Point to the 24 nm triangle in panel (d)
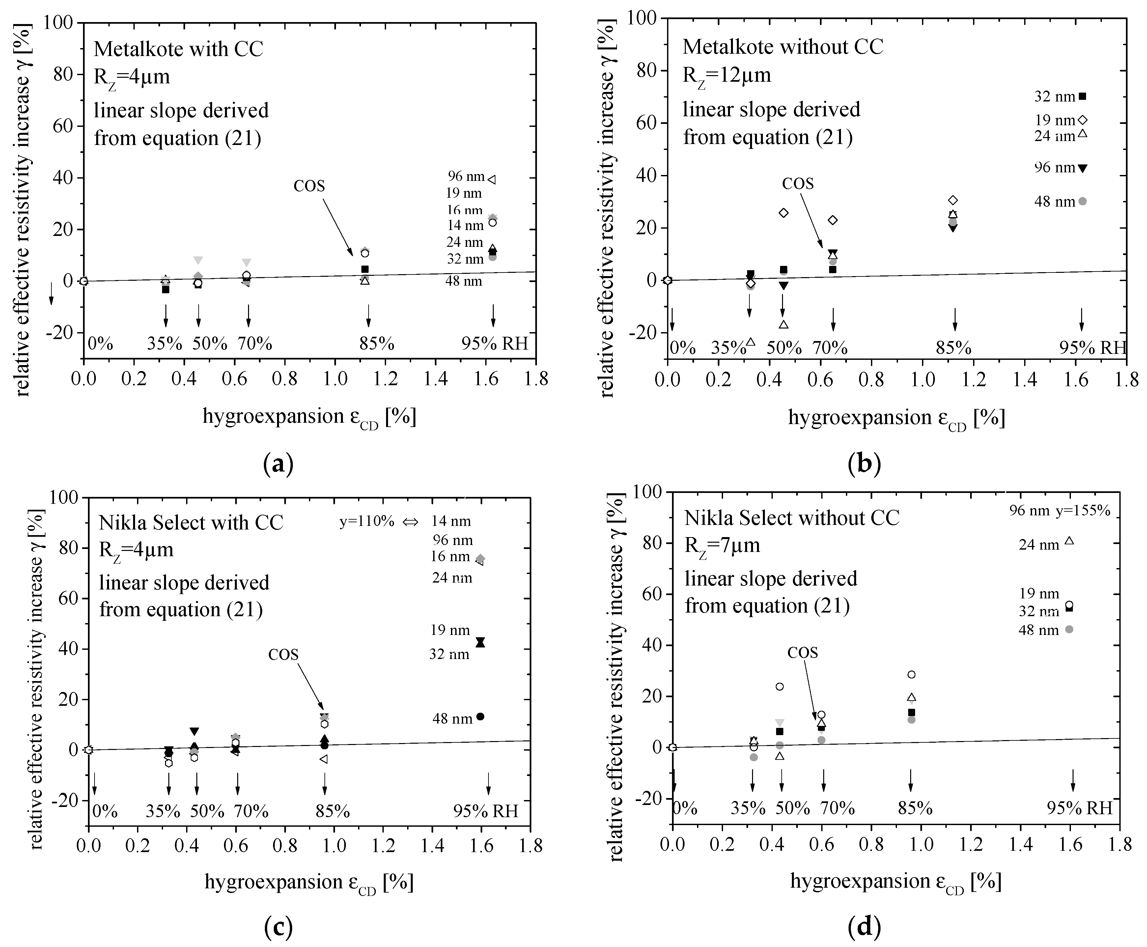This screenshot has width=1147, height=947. pos(1069,541)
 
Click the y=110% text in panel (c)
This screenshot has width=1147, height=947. pos(367,522)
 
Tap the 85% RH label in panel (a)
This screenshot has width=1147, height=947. pos(376,344)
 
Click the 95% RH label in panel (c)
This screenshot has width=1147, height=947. pos(486,811)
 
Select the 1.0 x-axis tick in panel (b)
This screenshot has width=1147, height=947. pos(922,380)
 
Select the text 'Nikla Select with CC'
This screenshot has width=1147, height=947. pos(191,523)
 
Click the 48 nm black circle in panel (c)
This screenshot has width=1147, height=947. pos(481,717)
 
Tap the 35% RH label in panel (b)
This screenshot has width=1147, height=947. pos(728,348)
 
